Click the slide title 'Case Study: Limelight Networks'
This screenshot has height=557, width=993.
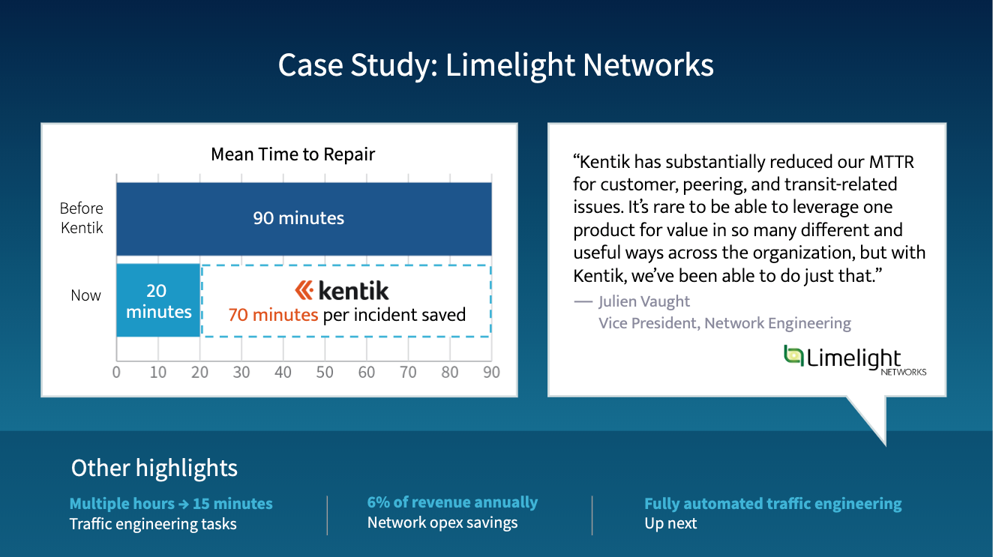point(496,65)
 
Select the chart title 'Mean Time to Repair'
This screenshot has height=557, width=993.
point(292,154)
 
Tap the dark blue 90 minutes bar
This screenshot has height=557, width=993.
point(304,219)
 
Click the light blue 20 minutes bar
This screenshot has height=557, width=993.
point(158,301)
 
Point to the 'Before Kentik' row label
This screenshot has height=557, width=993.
point(82,218)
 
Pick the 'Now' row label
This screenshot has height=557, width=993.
point(86,295)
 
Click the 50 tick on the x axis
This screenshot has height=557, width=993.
point(325,373)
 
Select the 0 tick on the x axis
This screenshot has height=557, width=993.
point(116,373)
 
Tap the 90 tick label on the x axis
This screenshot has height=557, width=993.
point(491,373)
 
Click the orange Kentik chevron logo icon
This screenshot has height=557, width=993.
point(304,290)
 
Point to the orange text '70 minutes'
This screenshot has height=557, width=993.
point(273,315)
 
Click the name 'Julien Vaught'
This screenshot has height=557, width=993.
point(644,302)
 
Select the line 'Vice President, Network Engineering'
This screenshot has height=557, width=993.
point(724,323)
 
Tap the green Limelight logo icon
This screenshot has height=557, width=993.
point(793,356)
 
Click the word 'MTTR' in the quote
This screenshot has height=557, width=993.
point(892,162)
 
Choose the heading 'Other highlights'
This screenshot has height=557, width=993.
point(154,469)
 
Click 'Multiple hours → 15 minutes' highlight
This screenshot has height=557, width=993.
point(171,504)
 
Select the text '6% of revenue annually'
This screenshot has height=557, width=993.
point(452,502)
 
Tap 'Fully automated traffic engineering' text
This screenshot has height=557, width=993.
point(773,504)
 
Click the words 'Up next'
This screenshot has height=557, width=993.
point(670,524)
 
